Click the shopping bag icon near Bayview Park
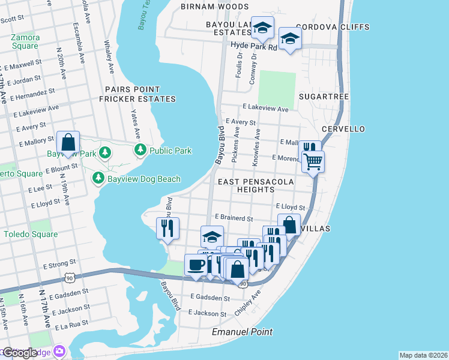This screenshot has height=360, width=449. click(68, 143)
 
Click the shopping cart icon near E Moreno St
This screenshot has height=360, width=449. click(313, 161)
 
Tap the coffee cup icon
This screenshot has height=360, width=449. click(196, 265)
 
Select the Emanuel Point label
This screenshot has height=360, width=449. click(243, 332)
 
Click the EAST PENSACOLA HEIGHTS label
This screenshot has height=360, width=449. click(256, 185)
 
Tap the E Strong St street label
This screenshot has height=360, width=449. click(59, 263)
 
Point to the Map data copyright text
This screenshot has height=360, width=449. click(423, 355)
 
